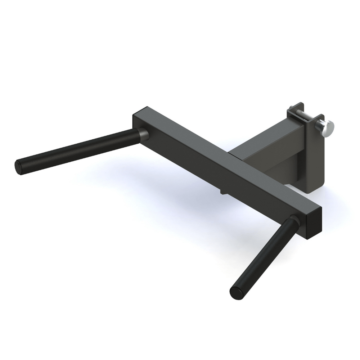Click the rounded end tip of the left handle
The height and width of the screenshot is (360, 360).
[19, 168]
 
